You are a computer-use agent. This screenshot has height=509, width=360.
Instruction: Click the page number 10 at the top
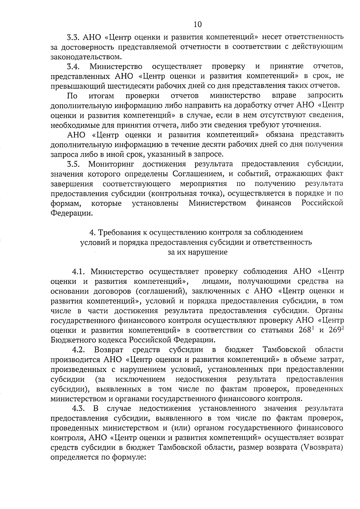198,24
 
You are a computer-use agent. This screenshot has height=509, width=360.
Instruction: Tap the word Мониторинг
111,164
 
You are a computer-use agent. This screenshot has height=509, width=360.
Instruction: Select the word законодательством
86,57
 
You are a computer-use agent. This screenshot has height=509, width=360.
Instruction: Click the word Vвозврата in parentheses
322,448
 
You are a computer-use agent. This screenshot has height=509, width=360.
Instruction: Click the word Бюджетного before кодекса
73,340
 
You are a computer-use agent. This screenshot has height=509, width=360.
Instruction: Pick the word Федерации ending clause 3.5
70,213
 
